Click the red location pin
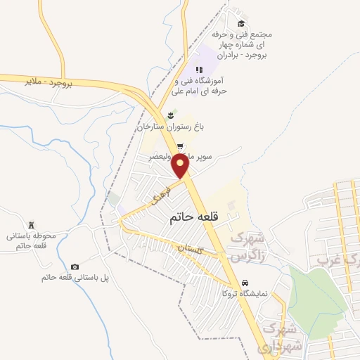click(x=181, y=167)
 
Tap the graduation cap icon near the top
click(x=241, y=23)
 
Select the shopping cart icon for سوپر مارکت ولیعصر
click(x=181, y=147)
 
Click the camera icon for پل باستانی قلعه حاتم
click(x=75, y=266)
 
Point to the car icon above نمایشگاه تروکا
click(x=244, y=283)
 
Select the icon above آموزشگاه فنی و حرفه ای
click(x=199, y=70)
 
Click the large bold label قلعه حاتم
click(x=195, y=219)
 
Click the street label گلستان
click(x=189, y=249)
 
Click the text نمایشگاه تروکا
click(x=245, y=294)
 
